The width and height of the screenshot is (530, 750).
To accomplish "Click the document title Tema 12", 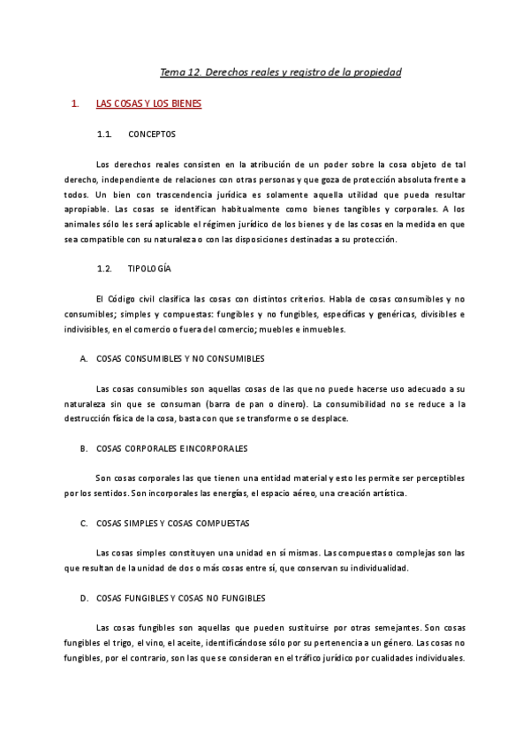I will [x=280, y=72].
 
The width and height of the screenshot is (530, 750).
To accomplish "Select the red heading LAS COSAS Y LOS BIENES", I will [x=148, y=104].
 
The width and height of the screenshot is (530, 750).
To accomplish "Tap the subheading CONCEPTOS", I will [x=152, y=134].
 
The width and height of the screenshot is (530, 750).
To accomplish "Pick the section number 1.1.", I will [x=103, y=134].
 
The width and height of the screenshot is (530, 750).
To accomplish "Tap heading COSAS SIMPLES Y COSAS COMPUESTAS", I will [x=172, y=524].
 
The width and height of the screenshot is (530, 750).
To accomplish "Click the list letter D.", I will [x=83, y=598].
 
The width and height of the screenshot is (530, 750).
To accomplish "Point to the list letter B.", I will [x=83, y=448].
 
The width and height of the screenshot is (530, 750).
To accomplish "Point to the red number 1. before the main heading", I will [x=74, y=104].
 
